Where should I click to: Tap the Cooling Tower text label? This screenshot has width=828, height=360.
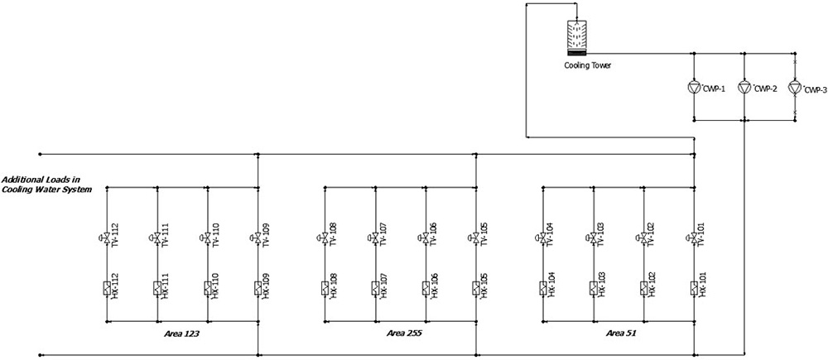click(588, 65)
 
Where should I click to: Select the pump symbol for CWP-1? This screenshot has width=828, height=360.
click(695, 87)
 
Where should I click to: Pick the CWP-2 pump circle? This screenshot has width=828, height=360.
click(744, 87)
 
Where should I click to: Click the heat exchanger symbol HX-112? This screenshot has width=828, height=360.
click(107, 288)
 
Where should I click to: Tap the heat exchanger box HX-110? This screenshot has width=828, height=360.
click(208, 288)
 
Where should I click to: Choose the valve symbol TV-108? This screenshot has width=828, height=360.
click(324, 238)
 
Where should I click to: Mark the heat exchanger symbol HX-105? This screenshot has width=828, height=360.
click(476, 288)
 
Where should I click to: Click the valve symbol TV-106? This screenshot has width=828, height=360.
click(425, 238)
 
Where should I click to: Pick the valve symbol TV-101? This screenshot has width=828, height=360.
click(693, 238)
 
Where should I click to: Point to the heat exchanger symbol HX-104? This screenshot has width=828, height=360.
click(543, 288)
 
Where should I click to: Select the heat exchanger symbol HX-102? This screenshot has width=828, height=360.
click(644, 288)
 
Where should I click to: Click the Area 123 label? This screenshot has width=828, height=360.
click(182, 334)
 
